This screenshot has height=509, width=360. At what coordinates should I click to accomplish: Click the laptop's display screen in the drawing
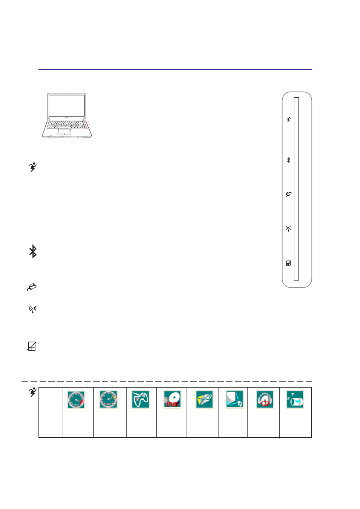point(67,106)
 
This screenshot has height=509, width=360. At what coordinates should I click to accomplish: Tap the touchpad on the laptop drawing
point(65,132)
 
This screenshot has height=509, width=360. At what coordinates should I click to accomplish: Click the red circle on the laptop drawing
point(86,124)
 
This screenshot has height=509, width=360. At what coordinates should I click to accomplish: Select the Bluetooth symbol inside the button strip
point(289,160)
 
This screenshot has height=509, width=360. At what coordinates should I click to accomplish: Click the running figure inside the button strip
point(289,119)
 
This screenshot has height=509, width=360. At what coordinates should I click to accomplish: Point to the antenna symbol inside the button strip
point(289,228)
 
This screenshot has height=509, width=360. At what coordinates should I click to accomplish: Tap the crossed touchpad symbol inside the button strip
point(289,263)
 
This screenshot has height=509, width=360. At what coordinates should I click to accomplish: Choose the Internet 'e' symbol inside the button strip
point(289,194)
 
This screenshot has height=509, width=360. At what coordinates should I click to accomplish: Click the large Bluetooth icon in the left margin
point(33,251)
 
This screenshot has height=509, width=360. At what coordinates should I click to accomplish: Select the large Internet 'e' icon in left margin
point(32,287)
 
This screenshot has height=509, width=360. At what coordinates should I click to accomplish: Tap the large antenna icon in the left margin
point(33,310)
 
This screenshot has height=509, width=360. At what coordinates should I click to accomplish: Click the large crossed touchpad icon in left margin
point(32,346)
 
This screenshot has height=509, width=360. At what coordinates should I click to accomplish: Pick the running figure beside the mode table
point(33,392)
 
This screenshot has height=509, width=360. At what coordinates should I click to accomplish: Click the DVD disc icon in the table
point(172,400)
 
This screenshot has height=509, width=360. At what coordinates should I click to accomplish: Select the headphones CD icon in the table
point(265,400)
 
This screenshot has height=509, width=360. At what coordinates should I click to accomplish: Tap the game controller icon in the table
point(140,400)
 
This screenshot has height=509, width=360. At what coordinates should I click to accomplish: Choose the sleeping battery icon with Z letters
point(295,400)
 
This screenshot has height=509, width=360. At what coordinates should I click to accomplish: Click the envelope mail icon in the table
point(205,400)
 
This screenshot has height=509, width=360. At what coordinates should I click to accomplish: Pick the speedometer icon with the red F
point(76,400)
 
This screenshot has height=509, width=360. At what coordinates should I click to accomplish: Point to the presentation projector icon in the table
point(235,400)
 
